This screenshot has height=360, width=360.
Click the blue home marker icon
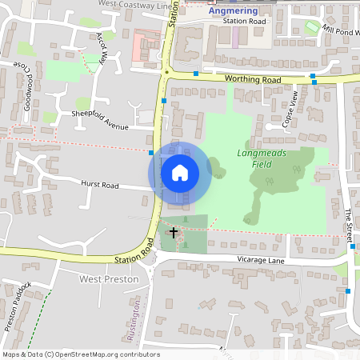point(180,172)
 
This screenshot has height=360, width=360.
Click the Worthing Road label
point(253,80)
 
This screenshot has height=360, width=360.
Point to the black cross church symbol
point(174,233)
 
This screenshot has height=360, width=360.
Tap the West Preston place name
point(110,279)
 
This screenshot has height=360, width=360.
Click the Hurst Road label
point(99,185)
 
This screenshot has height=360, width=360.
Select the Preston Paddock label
point(18,305)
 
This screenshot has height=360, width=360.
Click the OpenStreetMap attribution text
point(81,354)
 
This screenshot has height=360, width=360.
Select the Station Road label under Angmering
point(244,22)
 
